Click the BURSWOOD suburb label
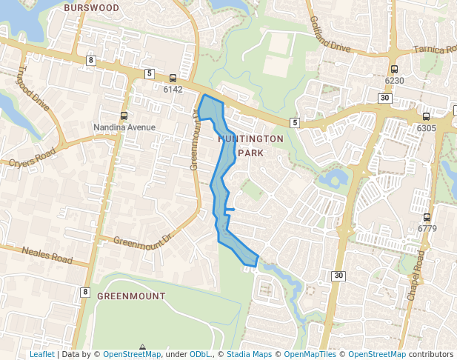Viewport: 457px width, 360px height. [92, 7]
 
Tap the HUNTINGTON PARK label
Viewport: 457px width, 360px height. [250, 145]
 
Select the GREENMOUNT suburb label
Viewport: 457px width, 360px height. [131, 296]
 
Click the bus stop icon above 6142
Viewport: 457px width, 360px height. [173, 78]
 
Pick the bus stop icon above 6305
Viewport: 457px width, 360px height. [426, 116]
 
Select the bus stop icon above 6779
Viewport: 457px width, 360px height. [427, 217]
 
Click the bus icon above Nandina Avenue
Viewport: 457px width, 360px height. [124, 116]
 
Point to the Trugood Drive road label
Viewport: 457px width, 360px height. [33, 90]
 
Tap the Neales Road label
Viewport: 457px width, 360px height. [47, 256]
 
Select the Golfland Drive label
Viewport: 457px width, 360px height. [330, 34]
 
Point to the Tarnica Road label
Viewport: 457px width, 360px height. [436, 50]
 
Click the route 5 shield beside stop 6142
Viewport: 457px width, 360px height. [150, 73]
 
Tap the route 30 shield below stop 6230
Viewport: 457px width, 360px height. [384, 98]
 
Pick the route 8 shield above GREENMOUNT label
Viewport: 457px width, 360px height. [86, 293]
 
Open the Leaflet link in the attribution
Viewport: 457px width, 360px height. [41, 355]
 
